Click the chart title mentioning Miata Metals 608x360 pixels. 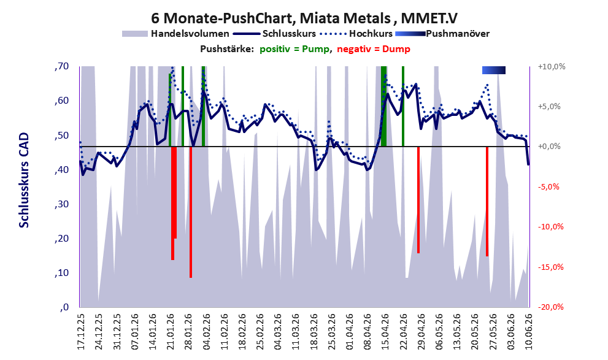click(304, 18)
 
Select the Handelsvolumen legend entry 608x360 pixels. click(175, 34)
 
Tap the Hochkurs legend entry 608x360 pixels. click(356, 34)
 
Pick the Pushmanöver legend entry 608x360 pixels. click(442, 34)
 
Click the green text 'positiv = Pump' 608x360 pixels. click(294, 49)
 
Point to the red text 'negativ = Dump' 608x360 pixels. click(374, 49)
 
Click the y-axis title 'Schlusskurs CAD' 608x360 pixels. click(24, 180)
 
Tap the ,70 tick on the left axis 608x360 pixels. click(61, 66)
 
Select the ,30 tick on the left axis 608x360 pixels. click(61, 204)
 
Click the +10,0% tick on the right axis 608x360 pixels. click(552, 67)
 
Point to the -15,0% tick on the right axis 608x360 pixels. click(550, 267)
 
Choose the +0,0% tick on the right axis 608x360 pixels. click(549, 147)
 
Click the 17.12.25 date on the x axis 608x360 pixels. click(81, 331)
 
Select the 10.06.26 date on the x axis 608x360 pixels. click(528, 331)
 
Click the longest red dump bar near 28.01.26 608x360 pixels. click(191, 212)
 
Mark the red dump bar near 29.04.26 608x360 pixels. click(418, 200)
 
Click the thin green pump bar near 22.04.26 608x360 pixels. click(403, 106)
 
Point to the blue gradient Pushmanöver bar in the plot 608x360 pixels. click(494, 70)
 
